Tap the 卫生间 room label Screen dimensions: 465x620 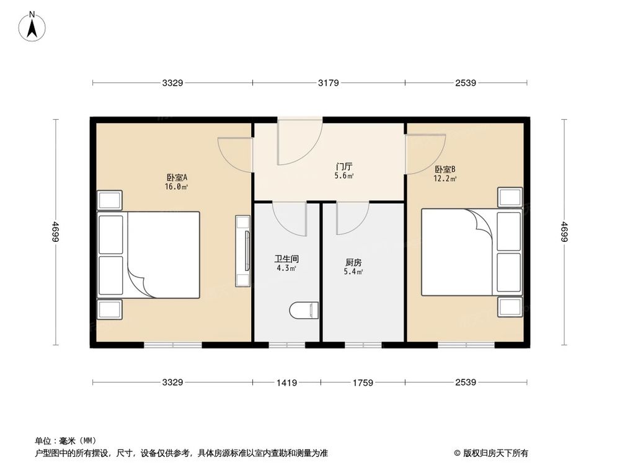[x=286, y=259]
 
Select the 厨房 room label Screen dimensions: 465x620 [x=353, y=262]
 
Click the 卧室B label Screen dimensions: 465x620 [x=445, y=169]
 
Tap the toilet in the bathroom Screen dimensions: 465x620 [x=304, y=309]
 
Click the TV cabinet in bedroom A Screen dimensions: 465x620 [x=242, y=251]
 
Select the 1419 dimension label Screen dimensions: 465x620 [x=286, y=383]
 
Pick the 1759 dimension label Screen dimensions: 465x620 [x=363, y=383]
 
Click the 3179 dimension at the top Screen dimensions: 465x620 [x=328, y=83]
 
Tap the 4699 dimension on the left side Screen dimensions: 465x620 [x=56, y=232]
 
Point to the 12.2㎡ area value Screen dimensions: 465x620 [x=445, y=179]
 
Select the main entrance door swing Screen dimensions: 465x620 [x=298, y=143]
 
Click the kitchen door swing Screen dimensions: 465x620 [x=351, y=219]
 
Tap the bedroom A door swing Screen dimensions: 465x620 [x=236, y=153]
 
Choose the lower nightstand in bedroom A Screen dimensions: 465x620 [x=110, y=309]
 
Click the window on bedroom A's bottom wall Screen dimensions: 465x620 [x=173, y=344]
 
